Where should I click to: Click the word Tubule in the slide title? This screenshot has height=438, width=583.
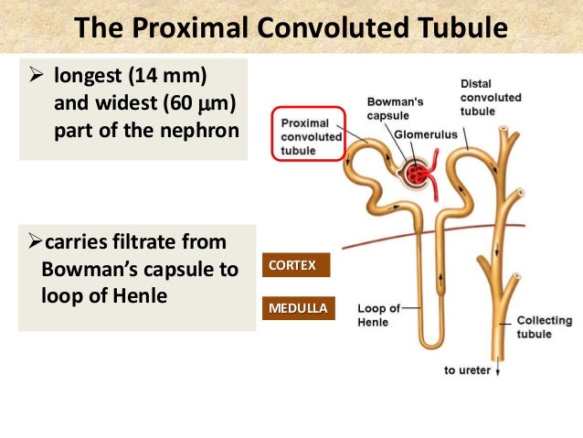click(461, 27)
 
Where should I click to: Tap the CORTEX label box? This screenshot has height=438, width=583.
click(292, 265)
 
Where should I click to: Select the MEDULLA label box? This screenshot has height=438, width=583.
click(297, 308)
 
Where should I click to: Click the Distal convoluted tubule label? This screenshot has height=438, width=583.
click(491, 98)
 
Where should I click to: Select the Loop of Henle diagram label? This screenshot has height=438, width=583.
click(378, 315)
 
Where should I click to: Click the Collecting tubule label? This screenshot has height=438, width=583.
click(544, 327)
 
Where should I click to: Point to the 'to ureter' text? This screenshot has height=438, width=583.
click(467, 370)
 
